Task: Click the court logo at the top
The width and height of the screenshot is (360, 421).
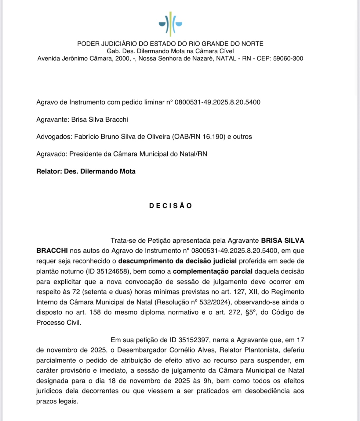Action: (x=170, y=23)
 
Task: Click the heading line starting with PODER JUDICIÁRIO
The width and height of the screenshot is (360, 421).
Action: (x=170, y=44)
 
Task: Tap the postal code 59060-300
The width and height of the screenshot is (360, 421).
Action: (x=288, y=59)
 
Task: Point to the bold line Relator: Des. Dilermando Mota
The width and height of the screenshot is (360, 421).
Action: (x=86, y=171)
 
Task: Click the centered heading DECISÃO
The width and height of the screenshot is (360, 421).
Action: (x=170, y=206)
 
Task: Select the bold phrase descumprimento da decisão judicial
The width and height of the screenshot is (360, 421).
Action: (x=177, y=261)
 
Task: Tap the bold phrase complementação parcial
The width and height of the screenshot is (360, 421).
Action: (x=213, y=271)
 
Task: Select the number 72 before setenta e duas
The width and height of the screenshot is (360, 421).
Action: (x=76, y=292)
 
